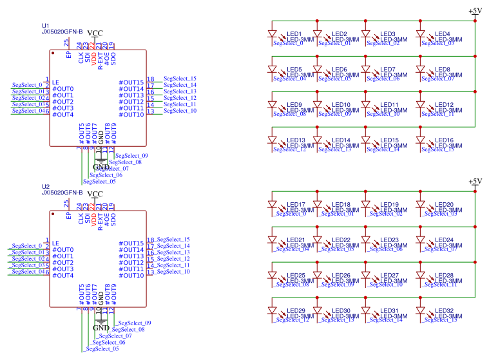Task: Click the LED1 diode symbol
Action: [x=272, y=34]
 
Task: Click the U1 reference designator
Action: [x=45, y=26]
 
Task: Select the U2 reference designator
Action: [x=45, y=186]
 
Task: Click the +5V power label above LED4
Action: [x=475, y=11]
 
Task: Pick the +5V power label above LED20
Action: [x=475, y=182]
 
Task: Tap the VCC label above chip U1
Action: [x=95, y=33]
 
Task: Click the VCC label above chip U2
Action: [x=95, y=194]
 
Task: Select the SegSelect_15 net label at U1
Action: [x=180, y=79]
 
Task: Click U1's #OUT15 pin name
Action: [x=131, y=82]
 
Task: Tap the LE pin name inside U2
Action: [x=55, y=243]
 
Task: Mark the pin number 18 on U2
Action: [x=150, y=240]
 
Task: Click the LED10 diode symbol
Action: [x=318, y=105]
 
